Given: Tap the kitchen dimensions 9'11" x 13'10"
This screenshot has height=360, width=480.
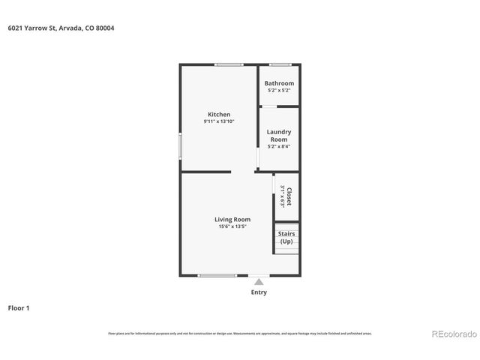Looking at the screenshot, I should click(x=219, y=121).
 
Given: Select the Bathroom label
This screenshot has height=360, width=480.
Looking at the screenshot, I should click(x=279, y=83).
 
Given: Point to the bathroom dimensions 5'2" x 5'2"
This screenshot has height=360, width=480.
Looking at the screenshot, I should click(x=279, y=90).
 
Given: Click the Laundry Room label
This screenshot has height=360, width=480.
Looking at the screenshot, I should click(x=279, y=136).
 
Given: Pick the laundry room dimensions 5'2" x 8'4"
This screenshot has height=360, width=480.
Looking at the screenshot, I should click(x=279, y=146).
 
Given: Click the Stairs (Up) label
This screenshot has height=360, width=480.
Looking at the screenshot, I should click(x=286, y=238).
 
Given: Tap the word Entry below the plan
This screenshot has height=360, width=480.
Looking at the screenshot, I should click(x=258, y=292).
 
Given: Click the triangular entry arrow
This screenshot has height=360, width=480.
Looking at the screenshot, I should click(x=258, y=280).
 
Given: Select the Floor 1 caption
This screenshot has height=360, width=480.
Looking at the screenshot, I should click(x=19, y=307).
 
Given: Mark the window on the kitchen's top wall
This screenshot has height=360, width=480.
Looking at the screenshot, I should click(x=228, y=64).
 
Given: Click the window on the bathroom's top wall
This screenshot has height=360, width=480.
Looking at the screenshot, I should click(x=280, y=64).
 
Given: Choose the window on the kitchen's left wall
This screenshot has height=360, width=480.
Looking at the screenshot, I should click(x=180, y=145).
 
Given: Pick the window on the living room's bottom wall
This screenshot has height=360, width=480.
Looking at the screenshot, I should click(x=217, y=275).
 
